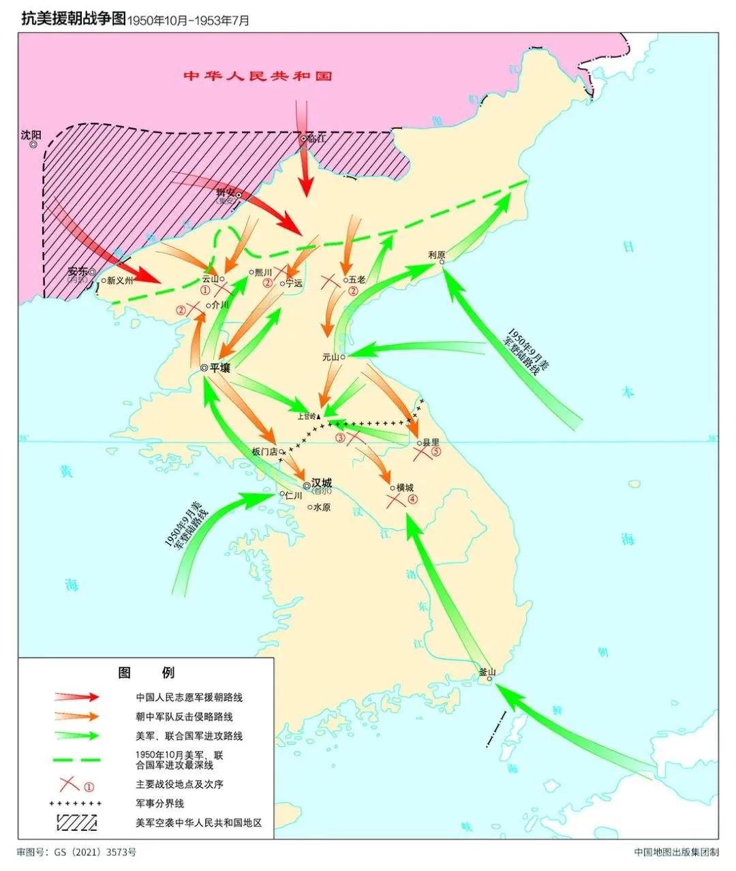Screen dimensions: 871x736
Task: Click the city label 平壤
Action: [x=219, y=367]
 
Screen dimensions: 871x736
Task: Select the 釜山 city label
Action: [x=487, y=671]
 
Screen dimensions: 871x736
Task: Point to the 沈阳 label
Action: [x=31, y=135]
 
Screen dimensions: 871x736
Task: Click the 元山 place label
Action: [x=331, y=356]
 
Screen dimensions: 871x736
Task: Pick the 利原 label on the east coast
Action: [x=437, y=255]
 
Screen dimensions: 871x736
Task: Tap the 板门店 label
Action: [x=264, y=451]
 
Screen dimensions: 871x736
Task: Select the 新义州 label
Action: [x=120, y=280]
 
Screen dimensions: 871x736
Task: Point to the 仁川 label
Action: [x=294, y=495]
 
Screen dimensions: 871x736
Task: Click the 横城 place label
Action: [x=405, y=487]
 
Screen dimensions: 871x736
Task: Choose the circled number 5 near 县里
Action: [x=437, y=451]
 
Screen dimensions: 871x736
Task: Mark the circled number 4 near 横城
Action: [x=413, y=499]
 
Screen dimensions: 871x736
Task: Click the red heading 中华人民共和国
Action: [x=258, y=76]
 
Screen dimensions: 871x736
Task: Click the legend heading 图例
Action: [x=146, y=673]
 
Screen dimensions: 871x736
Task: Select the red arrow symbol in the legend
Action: [x=77, y=697]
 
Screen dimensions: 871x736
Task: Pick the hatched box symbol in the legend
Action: [x=77, y=822]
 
